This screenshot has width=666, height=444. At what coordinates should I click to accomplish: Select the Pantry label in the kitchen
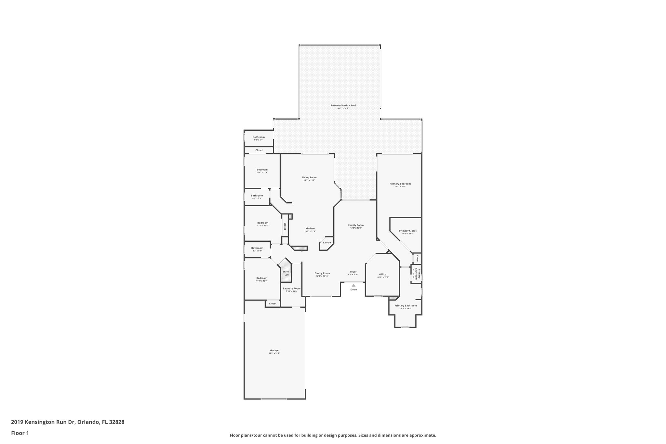click(x=327, y=243)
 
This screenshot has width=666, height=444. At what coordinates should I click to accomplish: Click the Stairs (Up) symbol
click(x=286, y=273)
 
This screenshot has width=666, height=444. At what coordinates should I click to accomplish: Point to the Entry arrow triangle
click(x=353, y=285)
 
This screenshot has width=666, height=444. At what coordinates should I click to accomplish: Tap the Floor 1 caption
click(x=20, y=433)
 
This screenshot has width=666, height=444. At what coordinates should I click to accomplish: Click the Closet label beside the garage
click(x=273, y=303)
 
